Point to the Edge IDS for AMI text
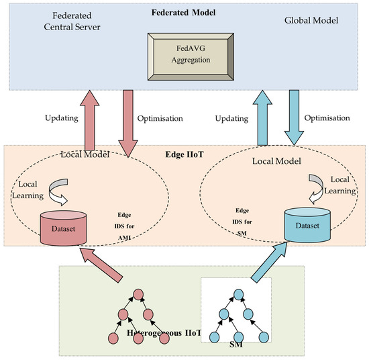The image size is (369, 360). click(127, 228)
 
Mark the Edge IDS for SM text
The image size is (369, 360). click(242, 220)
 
